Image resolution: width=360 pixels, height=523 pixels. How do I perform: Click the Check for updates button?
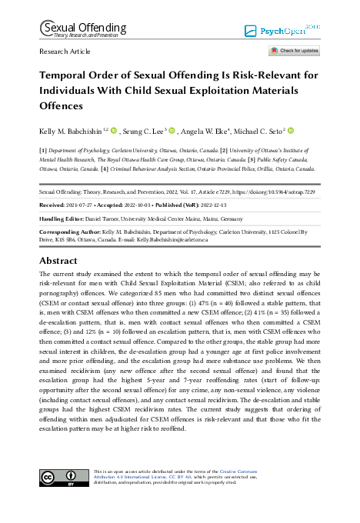294,51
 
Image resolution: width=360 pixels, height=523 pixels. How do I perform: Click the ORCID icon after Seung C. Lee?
173,132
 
